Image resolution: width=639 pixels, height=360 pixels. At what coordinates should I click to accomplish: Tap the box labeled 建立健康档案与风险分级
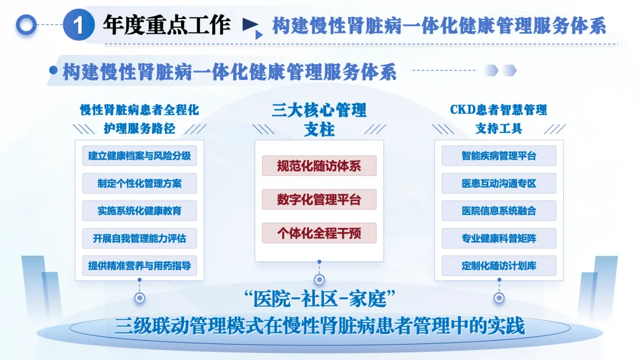pyautogui.click(x=140, y=156)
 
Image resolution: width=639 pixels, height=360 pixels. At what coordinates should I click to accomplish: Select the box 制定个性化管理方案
pyautogui.click(x=140, y=184)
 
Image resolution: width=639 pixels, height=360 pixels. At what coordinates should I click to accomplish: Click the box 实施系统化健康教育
pyautogui.click(x=140, y=211)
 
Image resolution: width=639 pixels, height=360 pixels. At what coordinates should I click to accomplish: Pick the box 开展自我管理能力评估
pyautogui.click(x=140, y=239)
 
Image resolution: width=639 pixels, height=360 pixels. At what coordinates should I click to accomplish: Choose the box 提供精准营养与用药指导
pyautogui.click(x=140, y=266)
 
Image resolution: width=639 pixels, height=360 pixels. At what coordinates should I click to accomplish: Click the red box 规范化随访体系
pyautogui.click(x=319, y=166)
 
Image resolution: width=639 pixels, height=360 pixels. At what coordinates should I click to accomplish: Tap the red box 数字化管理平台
pyautogui.click(x=319, y=200)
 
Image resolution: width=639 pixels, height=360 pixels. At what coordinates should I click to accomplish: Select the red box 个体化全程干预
pyautogui.click(x=319, y=233)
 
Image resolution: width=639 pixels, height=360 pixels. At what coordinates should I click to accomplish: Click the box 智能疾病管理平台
pyautogui.click(x=499, y=156)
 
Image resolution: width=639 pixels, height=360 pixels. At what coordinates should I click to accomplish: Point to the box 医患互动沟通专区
pyautogui.click(x=499, y=184)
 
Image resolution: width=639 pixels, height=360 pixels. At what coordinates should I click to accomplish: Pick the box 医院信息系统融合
pyautogui.click(x=499, y=211)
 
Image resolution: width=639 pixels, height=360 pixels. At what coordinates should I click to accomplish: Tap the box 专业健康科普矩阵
pyautogui.click(x=499, y=239)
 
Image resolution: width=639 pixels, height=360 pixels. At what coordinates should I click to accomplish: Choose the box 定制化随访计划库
pyautogui.click(x=499, y=266)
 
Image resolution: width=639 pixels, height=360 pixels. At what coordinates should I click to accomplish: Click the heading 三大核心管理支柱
pyautogui.click(x=319, y=119)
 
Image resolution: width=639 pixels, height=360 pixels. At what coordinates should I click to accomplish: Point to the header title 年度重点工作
pyautogui.click(x=167, y=25)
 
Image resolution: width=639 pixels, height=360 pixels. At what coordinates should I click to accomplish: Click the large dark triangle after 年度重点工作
pyautogui.click(x=250, y=25)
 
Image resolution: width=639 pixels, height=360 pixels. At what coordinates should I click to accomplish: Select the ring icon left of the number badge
pyautogui.click(x=26, y=25)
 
